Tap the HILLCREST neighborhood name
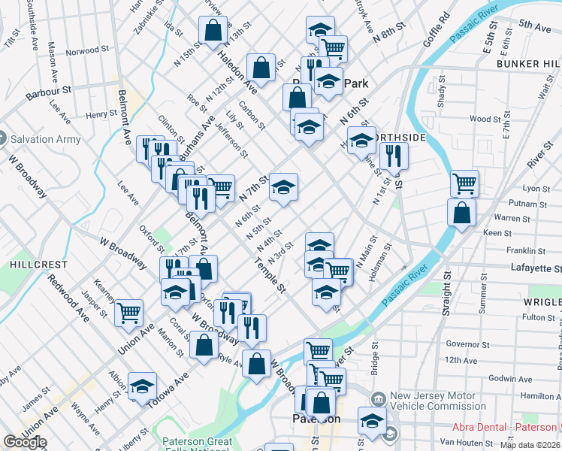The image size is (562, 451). (29, 265)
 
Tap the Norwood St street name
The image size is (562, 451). (87, 51)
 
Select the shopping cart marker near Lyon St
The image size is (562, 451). (464, 182)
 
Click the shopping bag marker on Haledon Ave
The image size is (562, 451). (261, 67)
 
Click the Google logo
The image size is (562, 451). (25, 443)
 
